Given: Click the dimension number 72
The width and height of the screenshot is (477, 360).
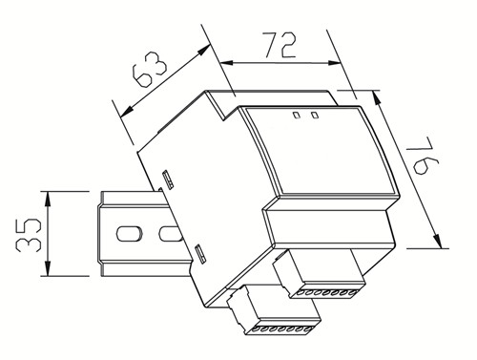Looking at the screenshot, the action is click(x=280, y=45).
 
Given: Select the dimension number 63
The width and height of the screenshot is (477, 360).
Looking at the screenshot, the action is click(x=149, y=70).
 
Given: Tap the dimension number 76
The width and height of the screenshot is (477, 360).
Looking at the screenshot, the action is click(x=423, y=156).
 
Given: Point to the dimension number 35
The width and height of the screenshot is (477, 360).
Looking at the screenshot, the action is click(x=29, y=235).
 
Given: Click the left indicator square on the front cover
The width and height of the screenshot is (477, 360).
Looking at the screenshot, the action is click(x=297, y=115).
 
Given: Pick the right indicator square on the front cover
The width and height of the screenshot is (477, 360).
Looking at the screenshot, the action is click(x=315, y=115).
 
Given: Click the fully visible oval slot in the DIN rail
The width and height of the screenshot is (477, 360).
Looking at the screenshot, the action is click(x=129, y=233).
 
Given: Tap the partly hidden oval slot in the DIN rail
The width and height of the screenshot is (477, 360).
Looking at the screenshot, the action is click(x=170, y=233).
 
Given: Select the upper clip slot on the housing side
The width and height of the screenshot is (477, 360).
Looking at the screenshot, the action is click(x=167, y=180).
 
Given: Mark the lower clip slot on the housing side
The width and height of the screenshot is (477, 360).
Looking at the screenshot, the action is click(x=199, y=253).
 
